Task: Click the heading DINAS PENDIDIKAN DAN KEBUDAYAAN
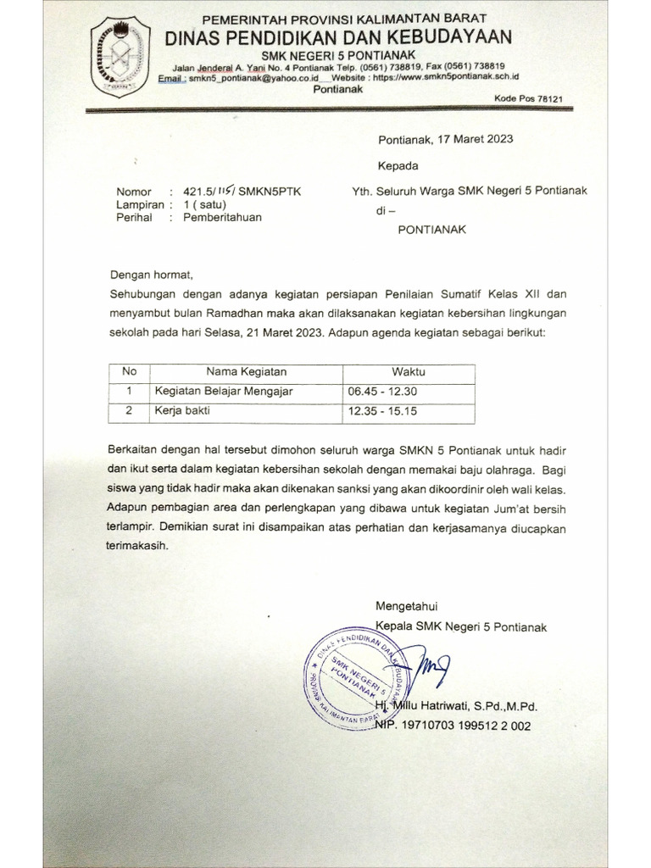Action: click(338, 36)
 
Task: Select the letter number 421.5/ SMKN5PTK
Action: click(236, 192)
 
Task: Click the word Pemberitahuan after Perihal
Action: click(216, 217)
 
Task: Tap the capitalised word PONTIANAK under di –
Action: click(432, 229)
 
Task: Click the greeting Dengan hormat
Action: click(152, 275)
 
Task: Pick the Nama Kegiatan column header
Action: click(247, 372)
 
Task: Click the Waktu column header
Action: click(408, 372)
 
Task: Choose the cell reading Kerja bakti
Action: click(181, 411)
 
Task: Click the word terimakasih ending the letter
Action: click(139, 547)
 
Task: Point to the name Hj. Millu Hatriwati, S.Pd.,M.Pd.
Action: click(457, 706)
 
